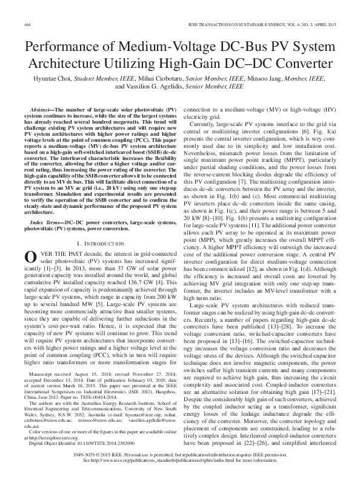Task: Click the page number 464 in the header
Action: tap(27, 24)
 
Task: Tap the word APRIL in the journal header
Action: tap(316, 24)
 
